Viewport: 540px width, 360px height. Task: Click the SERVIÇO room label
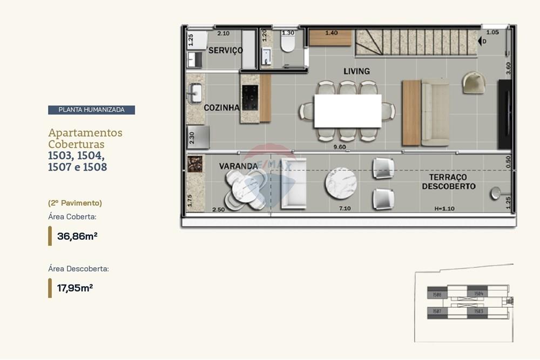coord(226,50)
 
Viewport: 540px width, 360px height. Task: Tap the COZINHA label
coord(221,108)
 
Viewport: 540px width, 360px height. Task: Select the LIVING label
coord(356,71)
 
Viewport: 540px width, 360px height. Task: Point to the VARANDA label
coord(238,166)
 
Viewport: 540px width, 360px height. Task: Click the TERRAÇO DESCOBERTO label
coord(449,182)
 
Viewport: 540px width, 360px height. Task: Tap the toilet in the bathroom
coord(288,43)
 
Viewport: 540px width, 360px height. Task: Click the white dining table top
coord(347,111)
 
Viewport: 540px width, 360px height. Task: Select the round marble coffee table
coord(341,184)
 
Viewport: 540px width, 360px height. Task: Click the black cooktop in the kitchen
coord(250,98)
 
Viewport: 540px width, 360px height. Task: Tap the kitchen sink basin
coord(195,93)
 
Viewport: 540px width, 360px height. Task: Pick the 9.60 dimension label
coord(339,146)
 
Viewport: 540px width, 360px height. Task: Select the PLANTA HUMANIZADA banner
coord(91,110)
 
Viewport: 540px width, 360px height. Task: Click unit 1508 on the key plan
coord(437,295)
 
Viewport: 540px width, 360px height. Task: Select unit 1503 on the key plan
coord(478,311)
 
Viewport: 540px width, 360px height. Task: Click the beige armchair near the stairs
coord(474,83)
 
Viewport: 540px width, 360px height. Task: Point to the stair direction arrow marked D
coord(482,40)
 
